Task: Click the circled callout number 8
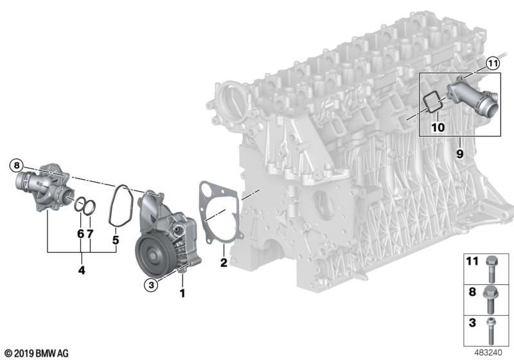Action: click(x=17, y=165)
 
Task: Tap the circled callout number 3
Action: click(x=151, y=285)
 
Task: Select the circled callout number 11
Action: click(x=492, y=64)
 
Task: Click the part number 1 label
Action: click(x=182, y=293)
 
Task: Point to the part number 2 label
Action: click(x=224, y=262)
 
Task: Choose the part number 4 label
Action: click(x=82, y=270)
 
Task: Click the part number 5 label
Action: click(x=116, y=240)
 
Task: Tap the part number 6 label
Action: click(x=81, y=234)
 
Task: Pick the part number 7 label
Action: click(x=90, y=234)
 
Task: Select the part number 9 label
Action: click(x=459, y=154)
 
